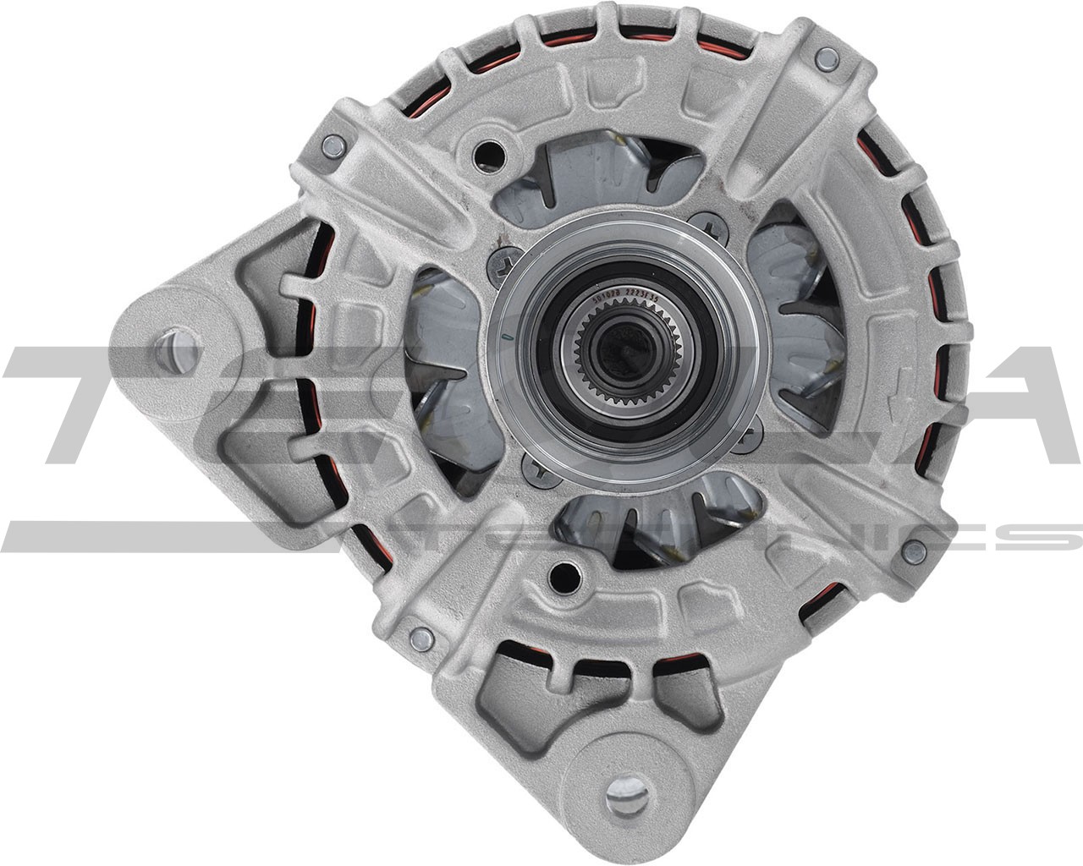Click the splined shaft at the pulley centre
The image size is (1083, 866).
(615, 348)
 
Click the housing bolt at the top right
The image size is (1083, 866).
(827, 58)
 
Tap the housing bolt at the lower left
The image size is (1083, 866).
(418, 639)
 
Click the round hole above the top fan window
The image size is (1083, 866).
(488, 151)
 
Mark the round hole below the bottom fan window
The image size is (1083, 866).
(560, 578)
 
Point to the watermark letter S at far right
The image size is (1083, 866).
(1053, 535)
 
